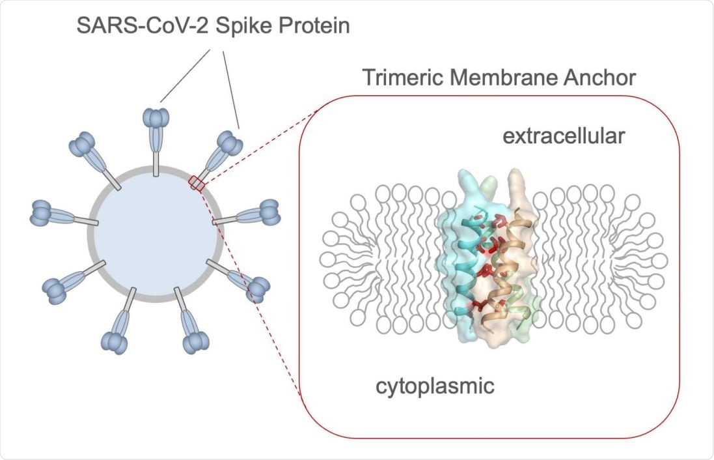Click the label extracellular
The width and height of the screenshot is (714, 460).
pos(564,137)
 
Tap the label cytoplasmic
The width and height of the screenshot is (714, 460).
pos(435,385)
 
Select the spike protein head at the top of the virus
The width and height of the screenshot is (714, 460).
pos(156,119)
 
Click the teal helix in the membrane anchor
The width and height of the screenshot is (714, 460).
pos(467,261)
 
